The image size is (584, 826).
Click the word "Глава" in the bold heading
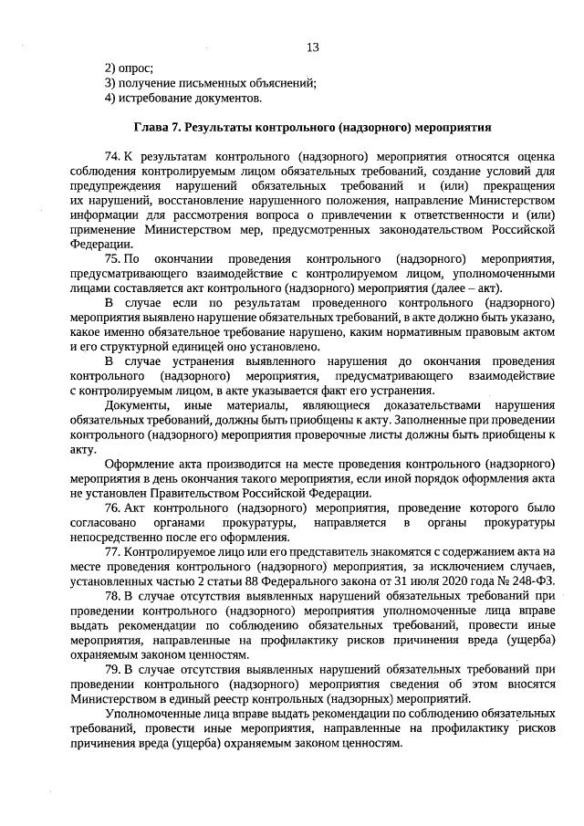(x=152, y=128)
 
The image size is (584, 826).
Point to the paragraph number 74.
(x=112, y=157)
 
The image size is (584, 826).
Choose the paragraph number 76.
(x=112, y=507)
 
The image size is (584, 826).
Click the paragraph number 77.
(x=112, y=551)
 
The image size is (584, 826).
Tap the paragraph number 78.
(x=112, y=595)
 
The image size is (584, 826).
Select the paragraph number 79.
(x=112, y=668)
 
